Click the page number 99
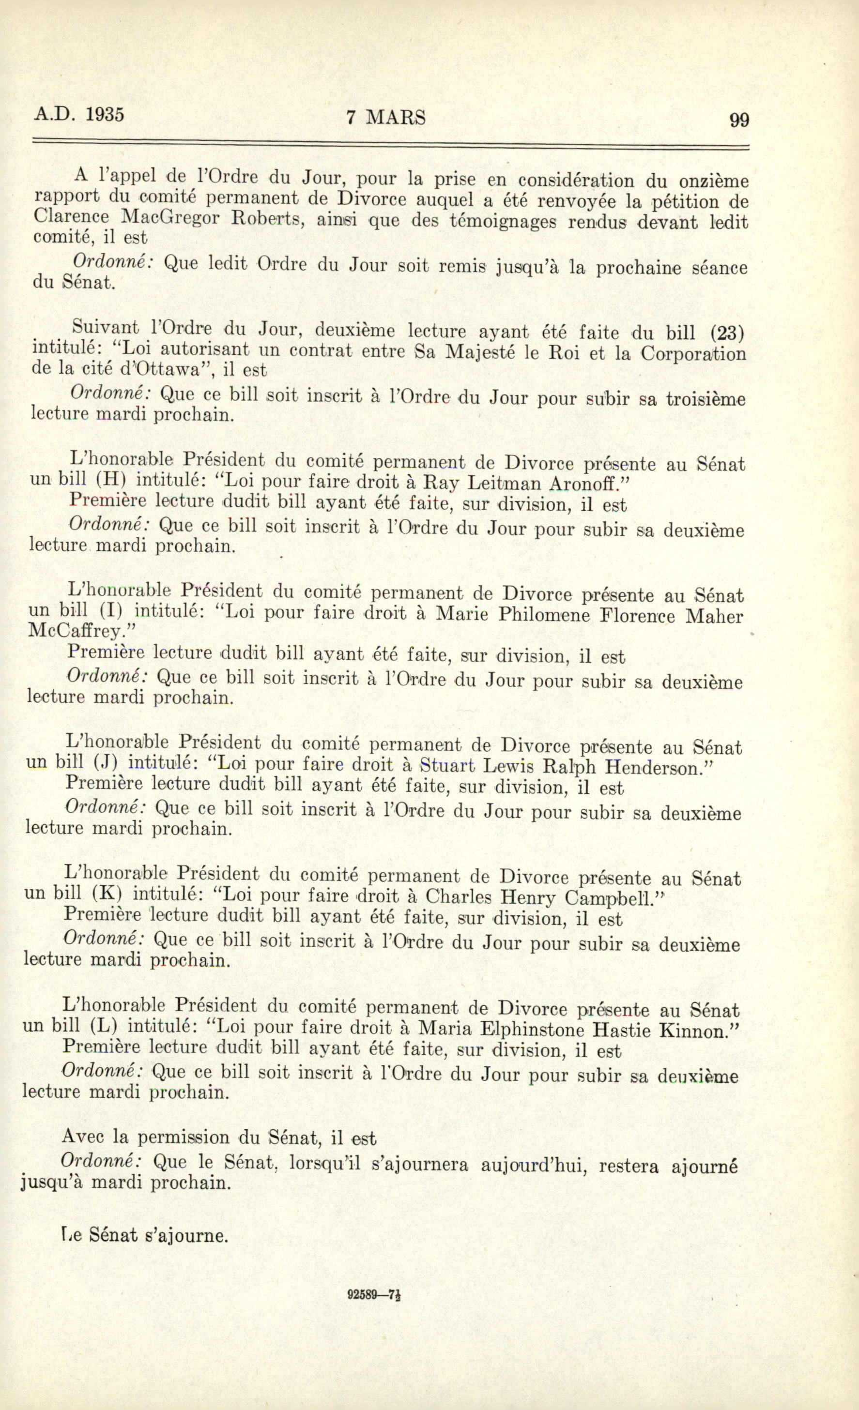739,120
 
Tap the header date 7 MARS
386,117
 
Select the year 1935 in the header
104,114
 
